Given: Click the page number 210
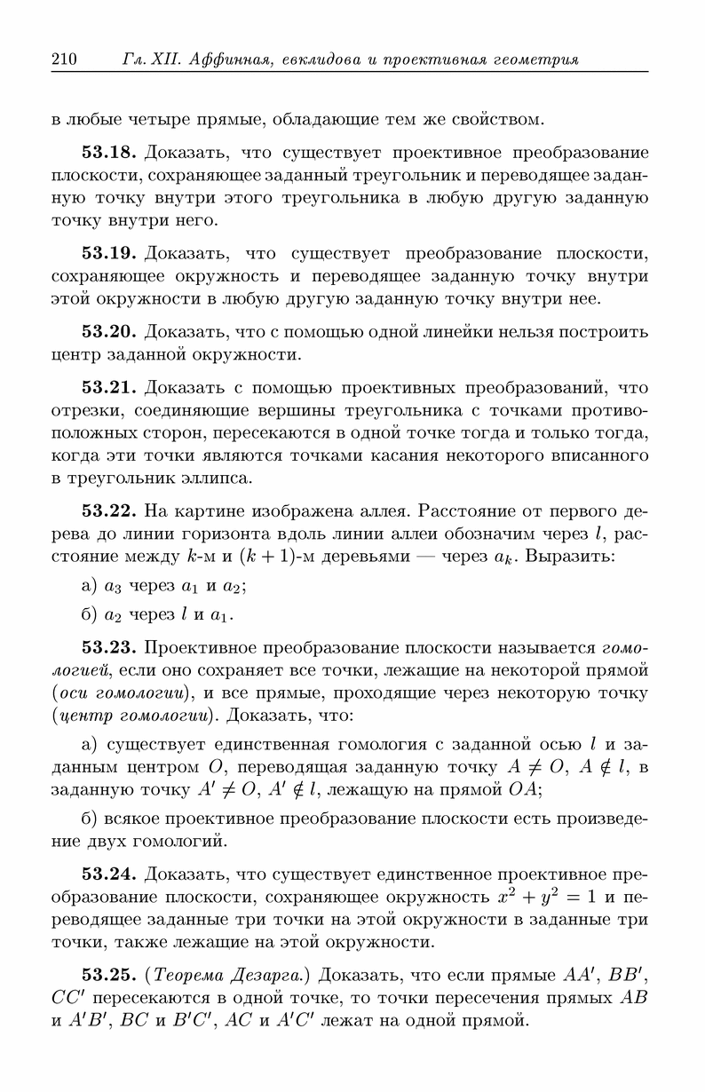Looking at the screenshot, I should click(65, 60).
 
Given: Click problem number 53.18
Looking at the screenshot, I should click(109, 152).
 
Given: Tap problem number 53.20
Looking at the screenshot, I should click(109, 333).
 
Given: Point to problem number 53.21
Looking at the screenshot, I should click(109, 387).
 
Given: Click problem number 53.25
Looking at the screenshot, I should click(109, 975).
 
